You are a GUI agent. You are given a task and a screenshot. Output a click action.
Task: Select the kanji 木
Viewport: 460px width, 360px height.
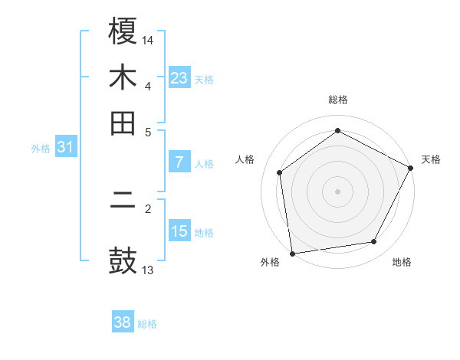[123, 77]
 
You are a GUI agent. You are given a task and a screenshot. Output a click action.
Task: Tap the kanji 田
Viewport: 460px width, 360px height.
[123, 123]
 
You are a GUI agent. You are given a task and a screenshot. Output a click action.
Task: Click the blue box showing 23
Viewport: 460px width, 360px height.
[179, 77]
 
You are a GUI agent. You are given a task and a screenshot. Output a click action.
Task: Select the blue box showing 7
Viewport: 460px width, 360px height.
[179, 162]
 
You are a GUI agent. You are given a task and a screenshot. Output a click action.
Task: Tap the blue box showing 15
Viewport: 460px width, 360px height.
[179, 231]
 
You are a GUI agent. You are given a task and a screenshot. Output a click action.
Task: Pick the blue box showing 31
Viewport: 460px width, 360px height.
[65, 146]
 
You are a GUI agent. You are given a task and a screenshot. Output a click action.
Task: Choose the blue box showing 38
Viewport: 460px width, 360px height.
[123, 322]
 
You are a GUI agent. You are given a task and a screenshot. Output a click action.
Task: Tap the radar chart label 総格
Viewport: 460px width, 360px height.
[338, 100]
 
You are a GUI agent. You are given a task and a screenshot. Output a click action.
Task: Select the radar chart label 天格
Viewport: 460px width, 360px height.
[431, 159]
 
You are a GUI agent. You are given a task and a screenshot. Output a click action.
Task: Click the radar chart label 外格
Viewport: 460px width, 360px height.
[270, 262]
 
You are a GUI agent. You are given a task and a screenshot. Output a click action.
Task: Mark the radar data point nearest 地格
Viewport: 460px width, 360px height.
[374, 242]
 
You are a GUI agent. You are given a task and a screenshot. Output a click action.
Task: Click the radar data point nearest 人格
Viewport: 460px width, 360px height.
[280, 172]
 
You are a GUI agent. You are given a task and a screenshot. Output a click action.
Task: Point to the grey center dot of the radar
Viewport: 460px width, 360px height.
[338, 191]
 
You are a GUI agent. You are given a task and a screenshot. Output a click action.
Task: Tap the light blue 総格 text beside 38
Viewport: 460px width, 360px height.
[147, 323]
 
